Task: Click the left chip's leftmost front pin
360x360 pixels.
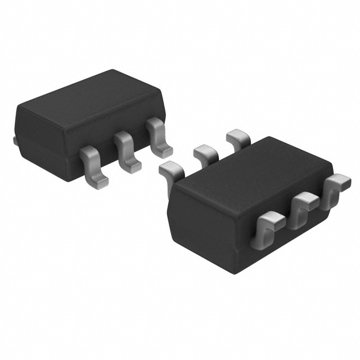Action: (x=93, y=166)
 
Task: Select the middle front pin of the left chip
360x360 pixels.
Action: (x=125, y=150)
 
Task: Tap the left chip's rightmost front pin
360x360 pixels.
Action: (x=158, y=136)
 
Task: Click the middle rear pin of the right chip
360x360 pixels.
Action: (x=205, y=153)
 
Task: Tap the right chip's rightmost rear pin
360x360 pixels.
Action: (x=237, y=137)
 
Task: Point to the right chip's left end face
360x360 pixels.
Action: (x=202, y=225)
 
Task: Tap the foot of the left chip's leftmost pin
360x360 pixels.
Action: (x=97, y=178)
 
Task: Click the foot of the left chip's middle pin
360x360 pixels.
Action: (x=130, y=163)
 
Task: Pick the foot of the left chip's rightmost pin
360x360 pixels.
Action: (x=164, y=149)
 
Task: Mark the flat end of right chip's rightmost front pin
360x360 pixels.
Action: (x=341, y=181)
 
